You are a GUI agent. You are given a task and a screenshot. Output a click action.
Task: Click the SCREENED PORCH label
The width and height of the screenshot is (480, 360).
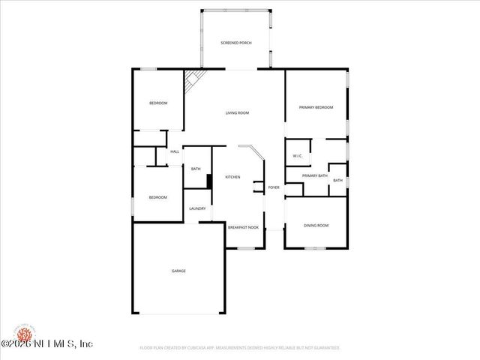click(x=235, y=43)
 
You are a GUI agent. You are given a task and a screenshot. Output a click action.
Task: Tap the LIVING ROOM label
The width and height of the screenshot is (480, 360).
click(x=237, y=113)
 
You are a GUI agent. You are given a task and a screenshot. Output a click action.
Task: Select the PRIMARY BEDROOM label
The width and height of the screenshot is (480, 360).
click(x=316, y=108)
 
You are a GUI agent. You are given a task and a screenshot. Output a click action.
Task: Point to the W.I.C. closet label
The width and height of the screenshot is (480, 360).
click(x=297, y=156)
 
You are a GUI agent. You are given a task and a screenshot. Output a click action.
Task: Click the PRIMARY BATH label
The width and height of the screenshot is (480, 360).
click(x=314, y=175)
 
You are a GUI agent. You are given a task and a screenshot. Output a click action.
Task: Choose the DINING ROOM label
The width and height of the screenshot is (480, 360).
click(x=316, y=225)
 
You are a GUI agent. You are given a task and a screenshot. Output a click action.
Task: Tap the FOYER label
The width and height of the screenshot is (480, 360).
click(x=274, y=187)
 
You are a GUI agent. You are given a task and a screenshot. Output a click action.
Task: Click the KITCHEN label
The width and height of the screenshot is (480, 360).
click(x=232, y=177)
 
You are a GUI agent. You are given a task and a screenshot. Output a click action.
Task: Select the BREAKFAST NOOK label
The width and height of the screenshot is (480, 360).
click(x=243, y=226)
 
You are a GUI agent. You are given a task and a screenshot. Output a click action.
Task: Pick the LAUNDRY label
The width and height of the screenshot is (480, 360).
click(x=197, y=209)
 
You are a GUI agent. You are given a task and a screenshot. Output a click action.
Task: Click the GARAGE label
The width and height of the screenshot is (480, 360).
click(x=178, y=271)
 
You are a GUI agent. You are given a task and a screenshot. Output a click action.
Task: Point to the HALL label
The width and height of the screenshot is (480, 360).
click(x=175, y=152)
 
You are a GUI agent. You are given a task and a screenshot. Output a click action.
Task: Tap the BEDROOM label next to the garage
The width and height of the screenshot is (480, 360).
click(x=157, y=197)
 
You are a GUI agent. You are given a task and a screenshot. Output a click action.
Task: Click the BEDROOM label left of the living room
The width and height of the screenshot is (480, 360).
click(x=157, y=103)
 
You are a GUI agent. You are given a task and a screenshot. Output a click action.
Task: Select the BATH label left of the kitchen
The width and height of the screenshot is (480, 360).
click(x=195, y=169)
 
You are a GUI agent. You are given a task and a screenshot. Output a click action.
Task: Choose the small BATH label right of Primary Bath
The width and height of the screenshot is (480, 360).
click(x=337, y=181)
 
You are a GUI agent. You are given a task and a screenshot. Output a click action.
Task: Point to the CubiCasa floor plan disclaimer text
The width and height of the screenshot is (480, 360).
click(x=240, y=348)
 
